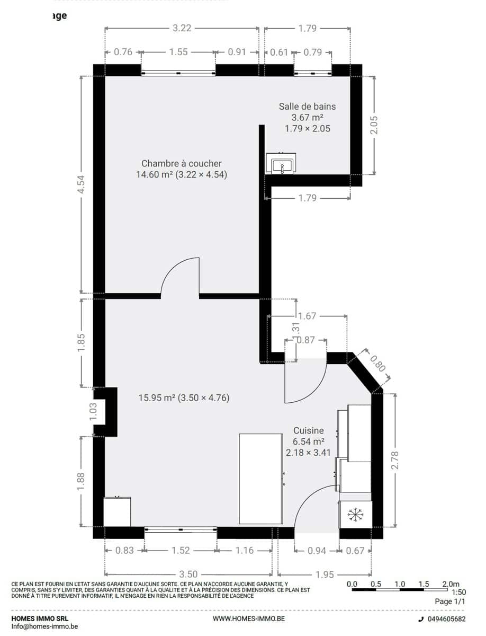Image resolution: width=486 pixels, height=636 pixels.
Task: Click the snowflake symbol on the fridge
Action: click(356, 515)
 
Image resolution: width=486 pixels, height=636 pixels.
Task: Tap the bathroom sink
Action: click(281, 163)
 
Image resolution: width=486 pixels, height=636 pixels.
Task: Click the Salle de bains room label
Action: click(307, 107)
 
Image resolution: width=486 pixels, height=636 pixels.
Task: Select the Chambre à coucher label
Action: click(182, 163)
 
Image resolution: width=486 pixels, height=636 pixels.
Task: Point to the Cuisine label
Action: click(309, 430)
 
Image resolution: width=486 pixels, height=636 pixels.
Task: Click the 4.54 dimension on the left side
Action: click(82, 184)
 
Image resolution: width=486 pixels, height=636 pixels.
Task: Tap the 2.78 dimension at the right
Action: click(394, 460)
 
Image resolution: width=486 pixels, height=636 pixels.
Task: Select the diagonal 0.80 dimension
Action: click(378, 364)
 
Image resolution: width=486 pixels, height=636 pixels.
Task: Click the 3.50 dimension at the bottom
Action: click(188, 573)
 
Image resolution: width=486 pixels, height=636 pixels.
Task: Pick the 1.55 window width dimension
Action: click(178, 52)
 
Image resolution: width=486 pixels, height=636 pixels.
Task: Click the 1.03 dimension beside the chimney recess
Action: click(94, 411)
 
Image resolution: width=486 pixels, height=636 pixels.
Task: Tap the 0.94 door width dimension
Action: click(317, 550)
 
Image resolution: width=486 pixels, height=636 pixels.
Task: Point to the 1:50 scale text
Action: click(458, 592)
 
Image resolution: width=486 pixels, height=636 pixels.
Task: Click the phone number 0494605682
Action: click(447, 618)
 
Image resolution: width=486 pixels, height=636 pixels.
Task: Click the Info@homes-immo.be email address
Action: click(44, 626)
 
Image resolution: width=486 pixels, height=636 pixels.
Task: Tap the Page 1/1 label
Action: click(450, 601)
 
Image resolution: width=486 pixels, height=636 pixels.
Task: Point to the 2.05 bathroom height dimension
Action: click(374, 125)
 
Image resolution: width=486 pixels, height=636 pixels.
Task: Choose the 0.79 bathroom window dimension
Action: click(312, 52)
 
